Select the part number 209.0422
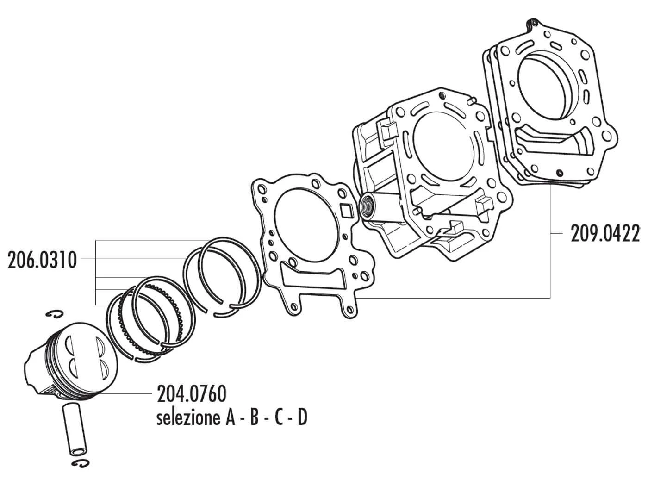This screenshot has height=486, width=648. click(x=604, y=234)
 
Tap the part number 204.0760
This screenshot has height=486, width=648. click(x=192, y=394)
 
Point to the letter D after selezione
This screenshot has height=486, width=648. click(x=301, y=418)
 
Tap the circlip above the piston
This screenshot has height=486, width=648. click(x=56, y=315)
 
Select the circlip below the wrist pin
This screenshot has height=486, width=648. click(x=80, y=464)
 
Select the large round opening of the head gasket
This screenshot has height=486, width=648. click(x=546, y=88)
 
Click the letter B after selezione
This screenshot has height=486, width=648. click(x=254, y=418)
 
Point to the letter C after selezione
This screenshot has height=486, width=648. click(x=278, y=418)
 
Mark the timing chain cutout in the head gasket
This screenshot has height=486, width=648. click(x=553, y=139)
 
